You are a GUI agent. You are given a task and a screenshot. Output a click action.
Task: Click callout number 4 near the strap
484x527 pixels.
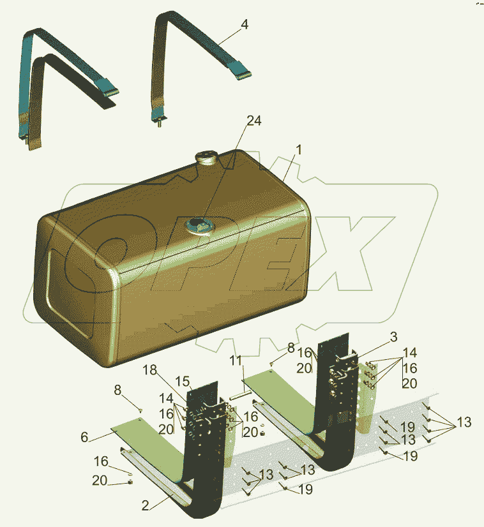click(x=245, y=24)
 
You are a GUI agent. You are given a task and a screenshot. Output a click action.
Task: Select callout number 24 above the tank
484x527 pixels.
click(x=254, y=121)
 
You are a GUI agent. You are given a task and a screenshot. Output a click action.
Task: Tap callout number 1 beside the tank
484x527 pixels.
click(x=299, y=150)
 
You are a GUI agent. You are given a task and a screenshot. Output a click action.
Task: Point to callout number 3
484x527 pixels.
click(x=394, y=337)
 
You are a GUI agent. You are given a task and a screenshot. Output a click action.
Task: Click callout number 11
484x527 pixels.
click(x=236, y=360)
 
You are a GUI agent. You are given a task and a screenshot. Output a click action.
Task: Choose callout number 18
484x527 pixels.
click(x=149, y=370)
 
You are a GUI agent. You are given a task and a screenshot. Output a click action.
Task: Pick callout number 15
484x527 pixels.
click(x=183, y=382)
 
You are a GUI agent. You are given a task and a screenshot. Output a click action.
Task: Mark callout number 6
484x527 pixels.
click(x=84, y=437)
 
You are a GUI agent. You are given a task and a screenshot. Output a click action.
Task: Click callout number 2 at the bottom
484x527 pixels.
click(x=145, y=505)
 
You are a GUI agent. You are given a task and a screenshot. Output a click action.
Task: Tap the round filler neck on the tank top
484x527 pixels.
click(x=206, y=158)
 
